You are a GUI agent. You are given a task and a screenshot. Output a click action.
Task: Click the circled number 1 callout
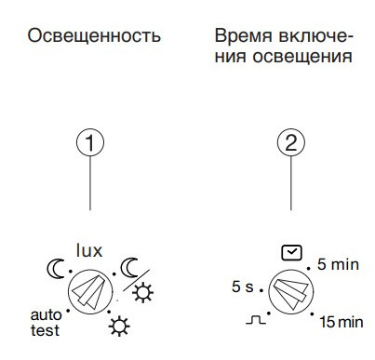tap(89, 143)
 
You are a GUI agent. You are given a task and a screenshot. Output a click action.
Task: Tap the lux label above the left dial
tap(89, 249)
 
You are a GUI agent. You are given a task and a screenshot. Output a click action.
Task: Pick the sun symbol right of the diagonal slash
tap(145, 296)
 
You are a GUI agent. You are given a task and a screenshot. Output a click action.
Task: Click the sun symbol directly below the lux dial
tap(118, 327)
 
